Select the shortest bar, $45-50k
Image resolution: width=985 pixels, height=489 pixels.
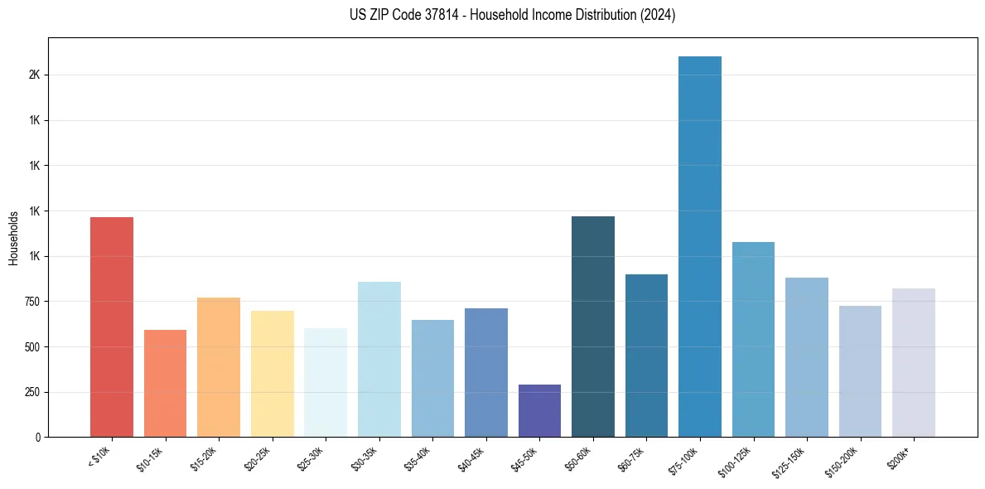pyautogui.click(x=539, y=411)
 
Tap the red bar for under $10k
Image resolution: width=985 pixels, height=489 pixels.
pyautogui.click(x=112, y=327)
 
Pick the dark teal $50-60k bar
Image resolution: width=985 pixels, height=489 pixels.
pyautogui.click(x=593, y=327)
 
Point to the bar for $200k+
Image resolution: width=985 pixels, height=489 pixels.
pyautogui.click(x=914, y=363)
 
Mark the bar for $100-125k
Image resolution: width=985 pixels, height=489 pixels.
pyautogui.click(x=753, y=340)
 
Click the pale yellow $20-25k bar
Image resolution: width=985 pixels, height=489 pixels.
pyautogui.click(x=273, y=374)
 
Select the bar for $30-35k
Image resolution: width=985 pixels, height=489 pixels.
pyautogui.click(x=379, y=360)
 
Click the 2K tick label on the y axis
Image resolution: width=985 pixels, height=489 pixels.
pyautogui.click(x=34, y=75)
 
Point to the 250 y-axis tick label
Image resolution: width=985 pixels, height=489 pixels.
pyautogui.click(x=31, y=392)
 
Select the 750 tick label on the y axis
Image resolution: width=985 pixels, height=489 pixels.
pyautogui.click(x=31, y=302)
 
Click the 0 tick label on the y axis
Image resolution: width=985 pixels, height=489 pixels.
pyautogui.click(x=38, y=438)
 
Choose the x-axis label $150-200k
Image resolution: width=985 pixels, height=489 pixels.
pyautogui.click(x=844, y=461)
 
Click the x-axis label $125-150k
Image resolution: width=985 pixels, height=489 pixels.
pyautogui.click(x=791, y=461)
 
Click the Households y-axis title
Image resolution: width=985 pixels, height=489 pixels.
pyautogui.click(x=13, y=238)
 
